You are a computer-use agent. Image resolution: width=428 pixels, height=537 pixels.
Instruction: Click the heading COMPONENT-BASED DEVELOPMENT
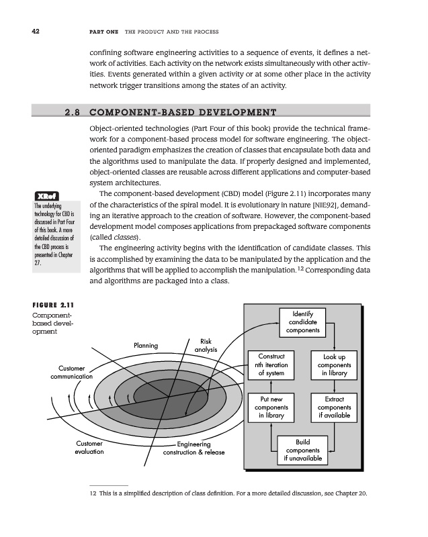tap(183, 111)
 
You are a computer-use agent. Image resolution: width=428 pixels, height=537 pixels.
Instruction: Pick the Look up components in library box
tap(334, 364)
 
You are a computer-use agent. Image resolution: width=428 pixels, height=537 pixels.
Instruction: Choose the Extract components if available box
tap(334, 407)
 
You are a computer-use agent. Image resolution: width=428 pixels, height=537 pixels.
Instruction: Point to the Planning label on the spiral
tap(146, 346)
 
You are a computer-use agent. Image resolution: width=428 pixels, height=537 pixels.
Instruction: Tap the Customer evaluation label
tap(89, 448)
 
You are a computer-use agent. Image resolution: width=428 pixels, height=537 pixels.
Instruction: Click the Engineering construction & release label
tap(193, 448)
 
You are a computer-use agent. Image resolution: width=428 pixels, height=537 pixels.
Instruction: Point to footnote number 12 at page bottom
tap(93, 495)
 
